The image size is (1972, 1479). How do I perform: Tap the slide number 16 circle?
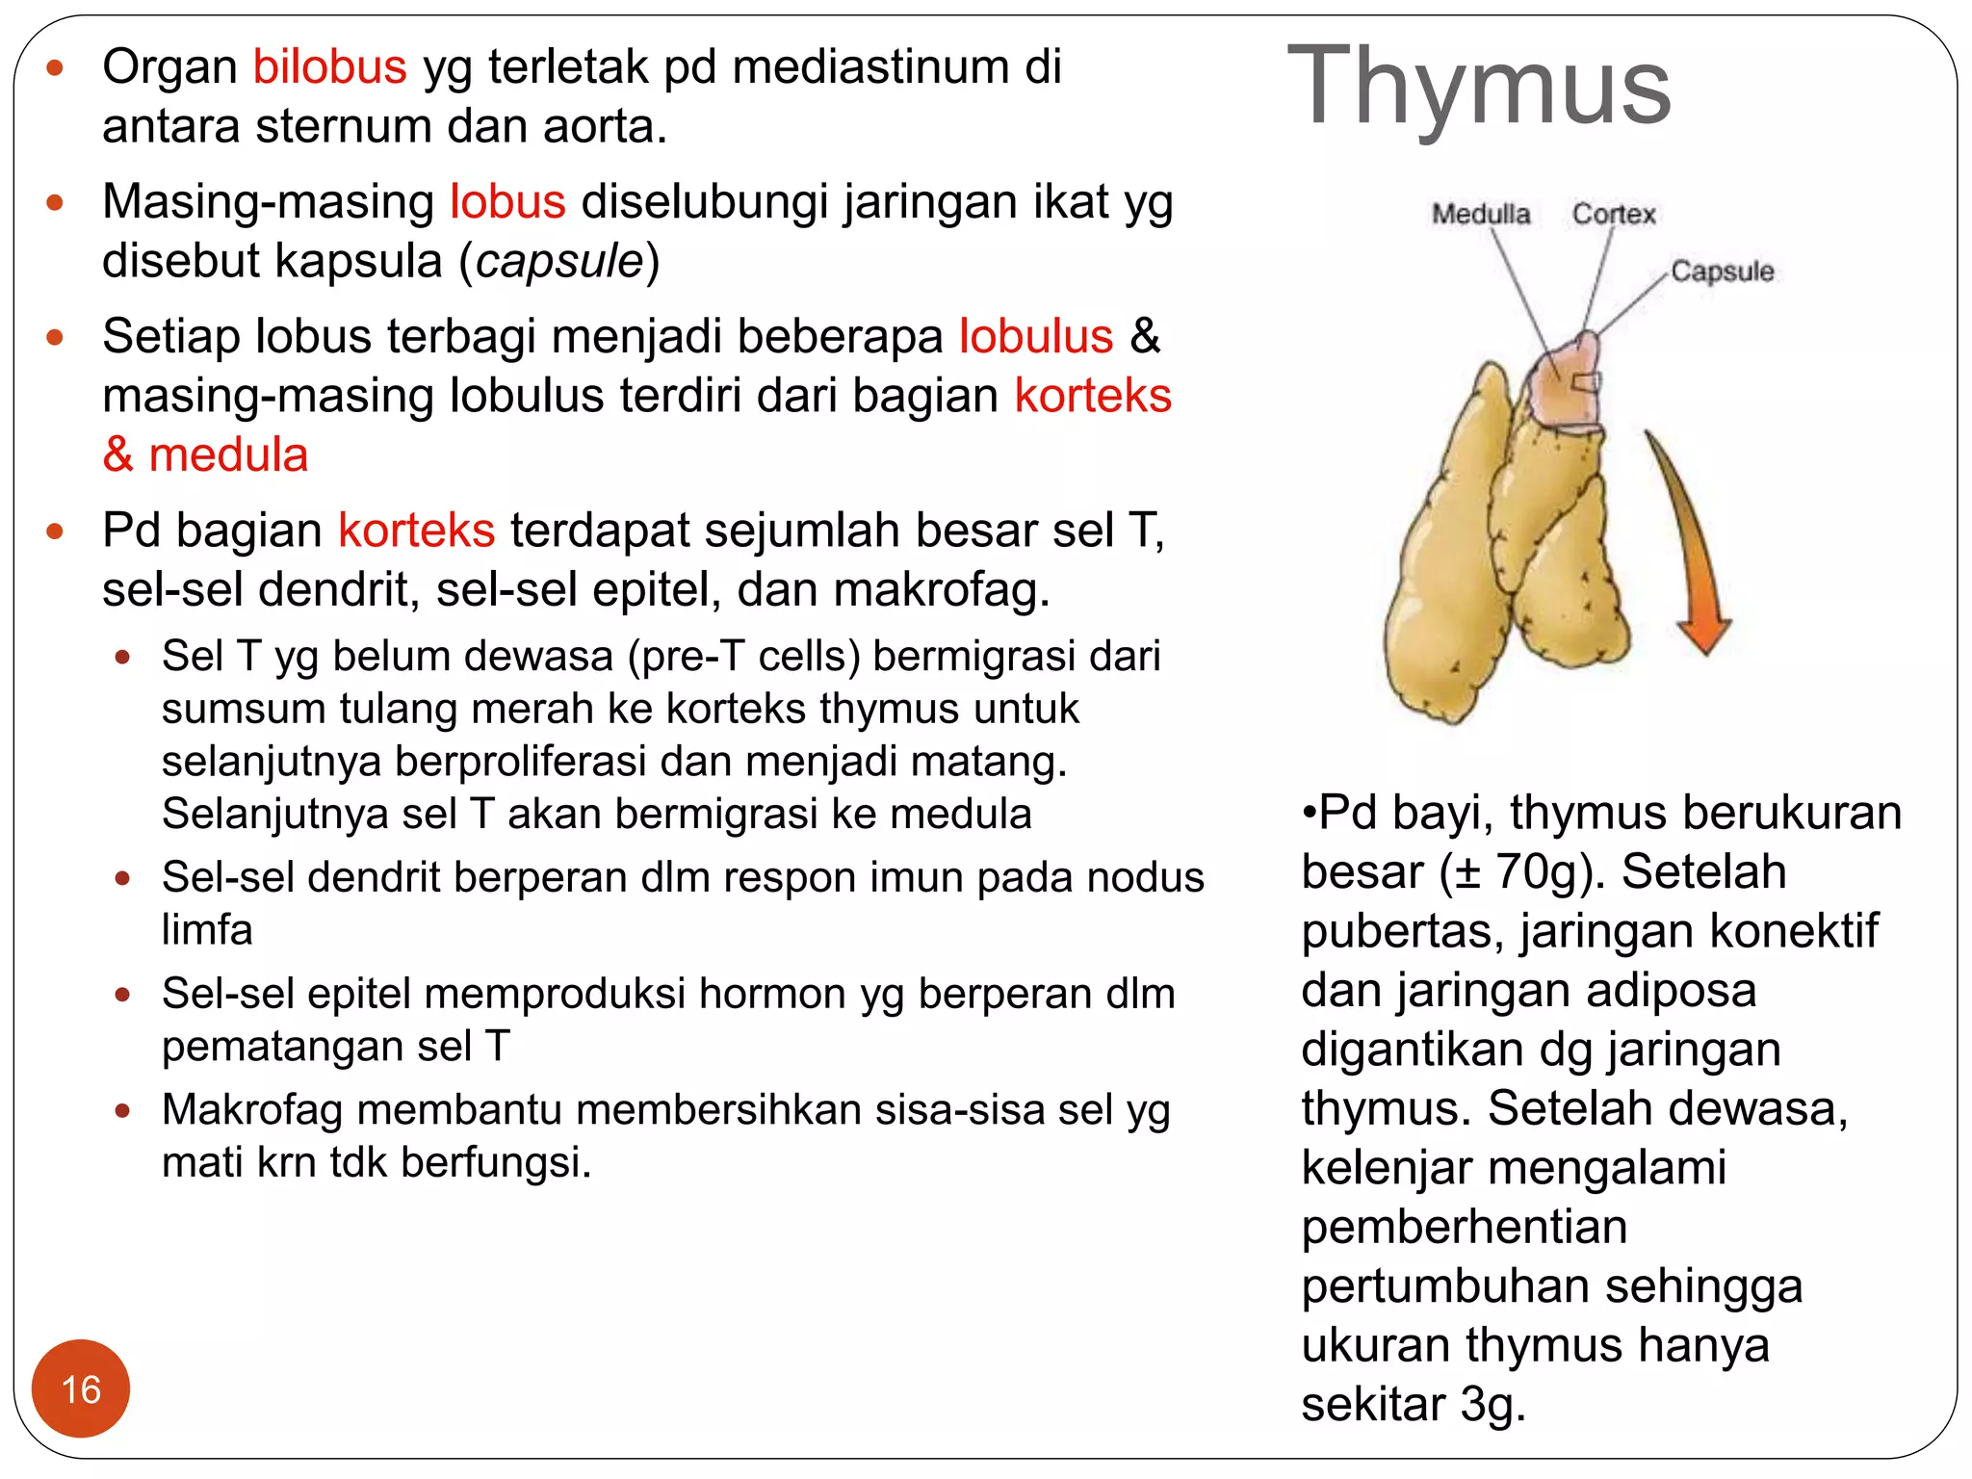pyautogui.click(x=81, y=1388)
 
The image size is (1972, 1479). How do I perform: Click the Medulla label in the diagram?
pyautogui.click(x=1480, y=214)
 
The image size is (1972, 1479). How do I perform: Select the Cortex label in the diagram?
pyautogui.click(x=1614, y=214)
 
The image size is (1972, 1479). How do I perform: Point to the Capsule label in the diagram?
pyautogui.click(x=1722, y=272)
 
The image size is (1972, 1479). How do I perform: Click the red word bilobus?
pyautogui.click(x=329, y=67)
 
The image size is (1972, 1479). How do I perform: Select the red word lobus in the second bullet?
pyautogui.click(x=507, y=202)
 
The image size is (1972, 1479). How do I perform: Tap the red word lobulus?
pyautogui.click(x=1036, y=337)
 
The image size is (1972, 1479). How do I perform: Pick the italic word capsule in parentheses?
pyautogui.click(x=559, y=261)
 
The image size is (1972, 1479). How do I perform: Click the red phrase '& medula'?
pyautogui.click(x=205, y=454)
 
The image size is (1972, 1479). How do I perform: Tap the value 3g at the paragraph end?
pyautogui.click(x=1492, y=1404)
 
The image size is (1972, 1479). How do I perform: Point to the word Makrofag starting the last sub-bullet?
pyautogui.click(x=252, y=1110)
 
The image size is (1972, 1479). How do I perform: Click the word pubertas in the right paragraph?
pyautogui.click(x=1401, y=931)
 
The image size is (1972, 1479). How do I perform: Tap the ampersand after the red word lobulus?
pyautogui.click(x=1145, y=337)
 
